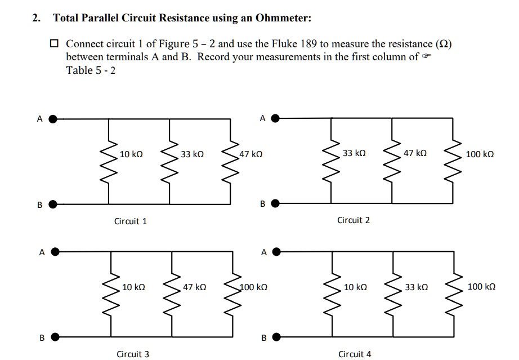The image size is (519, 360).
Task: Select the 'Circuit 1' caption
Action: (131, 221)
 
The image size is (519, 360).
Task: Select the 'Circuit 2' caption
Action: (354, 220)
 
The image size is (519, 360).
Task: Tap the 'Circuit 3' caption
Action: (133, 354)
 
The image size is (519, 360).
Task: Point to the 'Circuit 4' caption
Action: (355, 354)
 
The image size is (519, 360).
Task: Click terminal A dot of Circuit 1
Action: (53, 119)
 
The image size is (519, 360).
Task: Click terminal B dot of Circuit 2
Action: (275, 203)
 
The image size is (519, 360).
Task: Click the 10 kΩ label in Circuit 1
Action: (131, 154)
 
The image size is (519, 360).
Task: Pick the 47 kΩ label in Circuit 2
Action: (415, 153)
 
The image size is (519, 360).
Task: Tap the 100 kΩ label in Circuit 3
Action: (253, 287)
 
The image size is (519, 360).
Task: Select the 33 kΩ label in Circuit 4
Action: (416, 287)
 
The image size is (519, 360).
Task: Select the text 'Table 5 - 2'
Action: (91, 70)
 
